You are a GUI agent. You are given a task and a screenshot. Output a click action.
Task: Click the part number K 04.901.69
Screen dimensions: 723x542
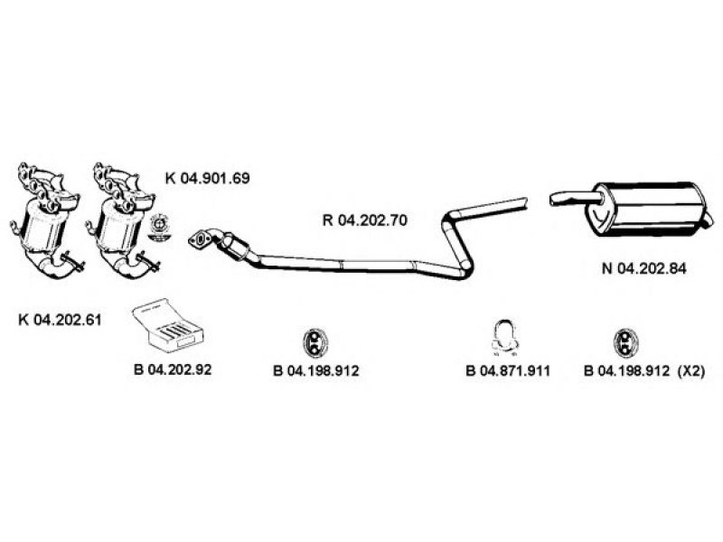coord(207,178)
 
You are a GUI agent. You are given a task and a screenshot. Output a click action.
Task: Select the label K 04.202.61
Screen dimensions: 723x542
coord(60,320)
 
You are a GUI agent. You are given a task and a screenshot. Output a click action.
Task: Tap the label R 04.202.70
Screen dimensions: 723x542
coord(365,220)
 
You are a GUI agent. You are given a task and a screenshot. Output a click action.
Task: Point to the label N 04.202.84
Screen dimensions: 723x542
coord(643,268)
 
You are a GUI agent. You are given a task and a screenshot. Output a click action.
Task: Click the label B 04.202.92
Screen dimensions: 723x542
coord(173,369)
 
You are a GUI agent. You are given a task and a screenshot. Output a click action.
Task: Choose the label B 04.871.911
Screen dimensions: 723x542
coord(508,370)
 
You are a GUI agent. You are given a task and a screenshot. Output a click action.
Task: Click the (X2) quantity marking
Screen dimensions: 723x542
coord(691,370)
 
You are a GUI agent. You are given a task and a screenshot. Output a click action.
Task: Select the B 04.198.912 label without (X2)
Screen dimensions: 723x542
coord(315,370)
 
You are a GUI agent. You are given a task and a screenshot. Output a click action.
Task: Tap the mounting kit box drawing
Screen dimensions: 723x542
coord(168,324)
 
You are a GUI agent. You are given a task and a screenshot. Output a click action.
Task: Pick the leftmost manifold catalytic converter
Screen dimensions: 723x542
coord(45,220)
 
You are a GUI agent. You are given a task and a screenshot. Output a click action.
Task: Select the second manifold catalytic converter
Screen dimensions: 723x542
coord(121,220)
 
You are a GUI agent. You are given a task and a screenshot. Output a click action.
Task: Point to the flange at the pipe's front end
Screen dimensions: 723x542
coord(200,239)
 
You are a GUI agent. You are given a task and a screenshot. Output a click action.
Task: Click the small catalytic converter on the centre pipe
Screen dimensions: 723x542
coord(235,245)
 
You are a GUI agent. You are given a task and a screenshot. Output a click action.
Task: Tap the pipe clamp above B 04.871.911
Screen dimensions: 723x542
coord(504,338)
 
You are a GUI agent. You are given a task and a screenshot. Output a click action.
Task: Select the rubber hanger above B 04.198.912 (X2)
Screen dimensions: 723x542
coord(625,343)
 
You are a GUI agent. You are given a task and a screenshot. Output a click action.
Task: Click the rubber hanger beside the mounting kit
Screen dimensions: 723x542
coord(315,343)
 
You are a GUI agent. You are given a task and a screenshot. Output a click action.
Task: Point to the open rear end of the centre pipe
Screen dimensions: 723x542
coord(525,203)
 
